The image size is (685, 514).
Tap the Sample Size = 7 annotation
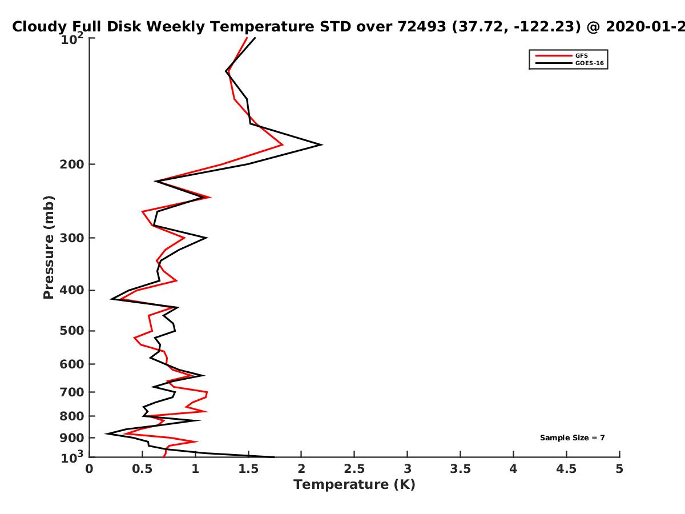coord(573,438)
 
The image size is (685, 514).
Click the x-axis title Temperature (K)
coord(354,485)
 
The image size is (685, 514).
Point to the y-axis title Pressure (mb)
coord(49,247)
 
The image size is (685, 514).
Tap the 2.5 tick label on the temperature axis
coord(354,469)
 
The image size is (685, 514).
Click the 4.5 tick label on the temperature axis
coord(566,469)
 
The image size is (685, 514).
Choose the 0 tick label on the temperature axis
coord(89,469)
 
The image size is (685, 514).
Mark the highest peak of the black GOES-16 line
coord(322,144)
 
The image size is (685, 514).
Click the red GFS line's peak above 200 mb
coord(283,145)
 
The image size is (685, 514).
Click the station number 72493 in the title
coord(422,27)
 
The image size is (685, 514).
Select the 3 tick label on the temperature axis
coord(407,469)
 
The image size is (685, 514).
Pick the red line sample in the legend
coord(554,56)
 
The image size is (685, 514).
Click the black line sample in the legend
coord(554,63)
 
